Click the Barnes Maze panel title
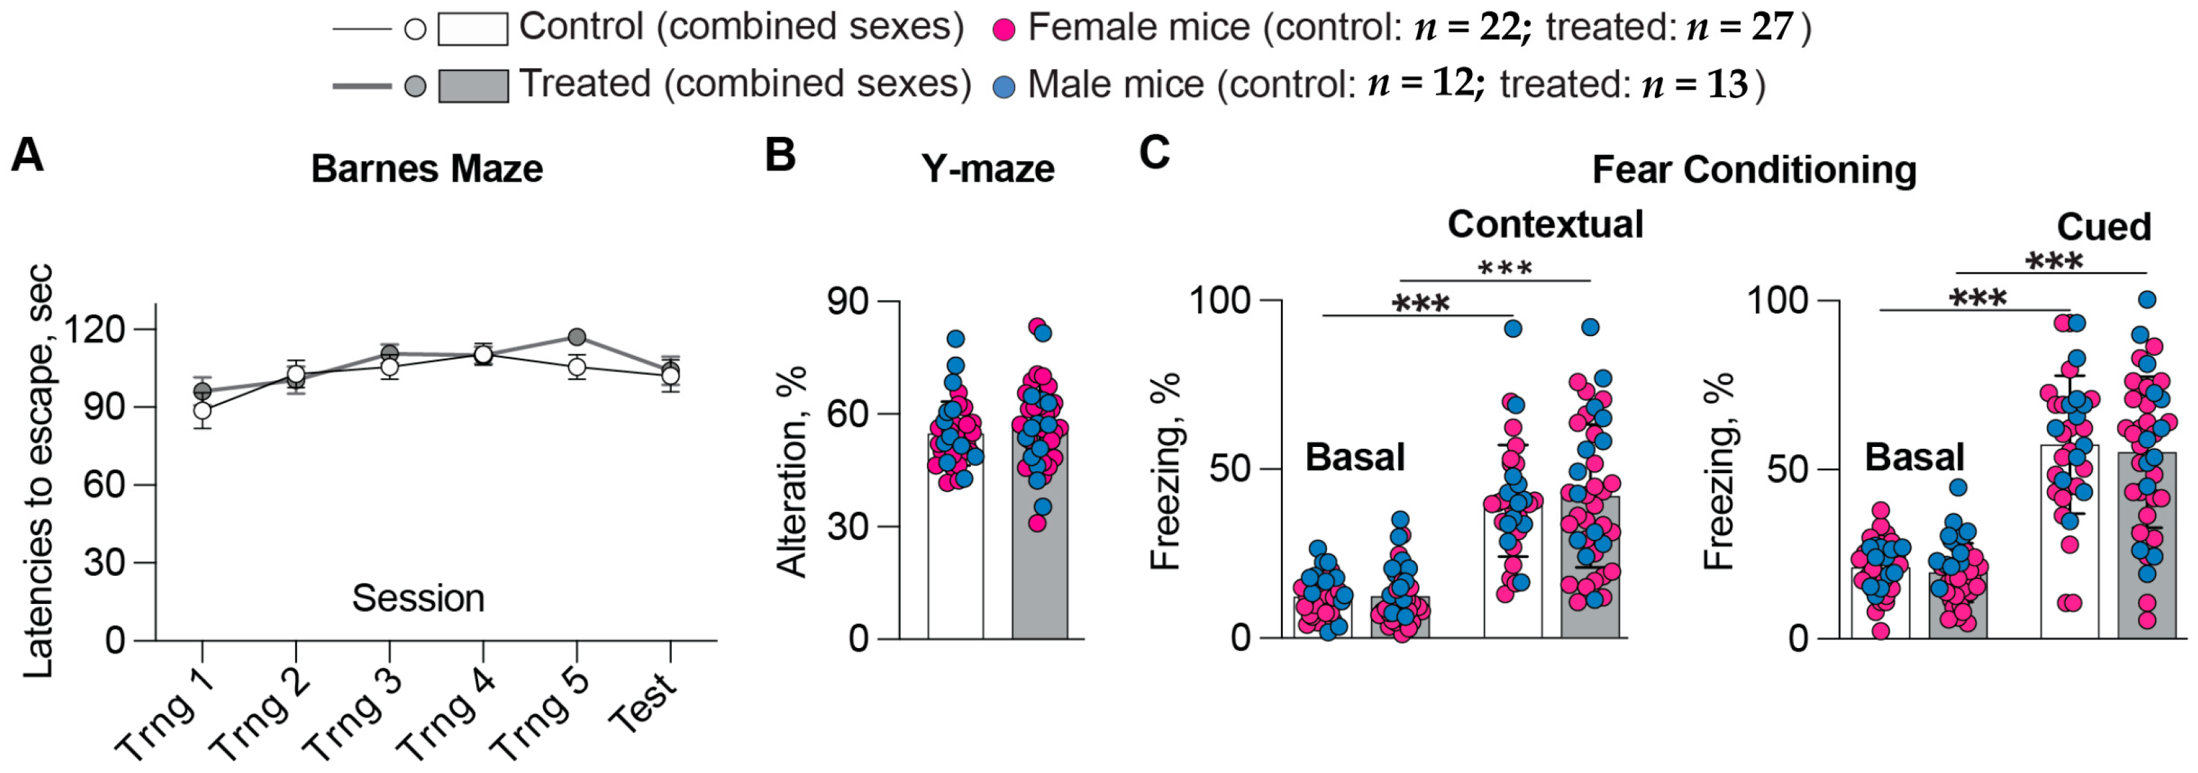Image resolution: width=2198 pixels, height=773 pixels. (427, 169)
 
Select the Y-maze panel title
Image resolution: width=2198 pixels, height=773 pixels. (987, 169)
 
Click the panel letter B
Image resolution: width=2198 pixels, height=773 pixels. (780, 156)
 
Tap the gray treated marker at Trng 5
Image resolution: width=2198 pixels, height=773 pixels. (577, 336)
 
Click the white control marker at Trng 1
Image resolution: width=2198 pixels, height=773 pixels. (202, 410)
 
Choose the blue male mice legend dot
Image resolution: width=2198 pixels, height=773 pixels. (1005, 86)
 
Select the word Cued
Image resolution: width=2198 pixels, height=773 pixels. (2103, 227)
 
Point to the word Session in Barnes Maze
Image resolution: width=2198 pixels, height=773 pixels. (418, 598)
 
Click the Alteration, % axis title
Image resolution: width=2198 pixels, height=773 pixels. (793, 472)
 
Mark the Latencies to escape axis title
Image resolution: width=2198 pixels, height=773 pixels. (38, 472)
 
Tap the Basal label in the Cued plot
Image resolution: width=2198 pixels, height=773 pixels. (1914, 457)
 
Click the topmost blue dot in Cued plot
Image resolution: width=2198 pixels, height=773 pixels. (2147, 299)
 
